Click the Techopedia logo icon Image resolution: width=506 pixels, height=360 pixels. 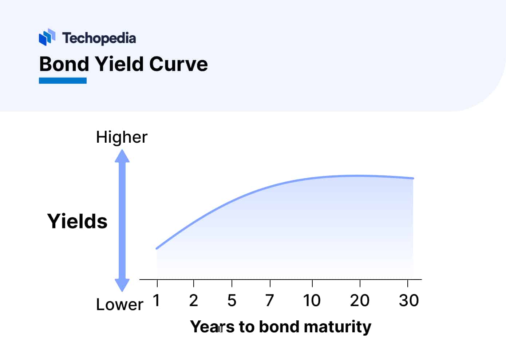(47, 37)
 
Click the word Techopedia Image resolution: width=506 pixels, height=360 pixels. (99, 38)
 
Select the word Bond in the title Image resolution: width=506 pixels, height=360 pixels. (64, 64)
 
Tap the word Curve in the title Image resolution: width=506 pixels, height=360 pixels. (178, 64)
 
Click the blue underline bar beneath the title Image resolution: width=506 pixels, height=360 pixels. (63, 81)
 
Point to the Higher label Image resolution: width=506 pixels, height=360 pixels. (122, 137)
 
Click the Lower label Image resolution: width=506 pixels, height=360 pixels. (119, 304)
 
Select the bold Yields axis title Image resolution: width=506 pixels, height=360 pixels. (77, 221)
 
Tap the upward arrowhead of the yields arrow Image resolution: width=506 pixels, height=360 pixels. (122, 156)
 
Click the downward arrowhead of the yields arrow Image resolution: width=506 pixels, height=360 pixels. (122, 285)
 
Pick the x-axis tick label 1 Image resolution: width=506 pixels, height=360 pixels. (157, 300)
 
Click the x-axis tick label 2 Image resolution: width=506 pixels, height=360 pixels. (194, 300)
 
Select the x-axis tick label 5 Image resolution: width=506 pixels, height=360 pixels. (232, 300)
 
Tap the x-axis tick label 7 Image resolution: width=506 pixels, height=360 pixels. (270, 300)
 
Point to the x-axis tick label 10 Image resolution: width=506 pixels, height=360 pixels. (312, 300)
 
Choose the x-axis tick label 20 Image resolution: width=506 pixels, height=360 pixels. (360, 300)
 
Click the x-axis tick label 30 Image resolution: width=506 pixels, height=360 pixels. (409, 300)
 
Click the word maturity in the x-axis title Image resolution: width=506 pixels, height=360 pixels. (337, 327)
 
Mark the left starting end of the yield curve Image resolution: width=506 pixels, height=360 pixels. (157, 248)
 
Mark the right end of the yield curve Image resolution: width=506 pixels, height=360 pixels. (413, 178)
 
